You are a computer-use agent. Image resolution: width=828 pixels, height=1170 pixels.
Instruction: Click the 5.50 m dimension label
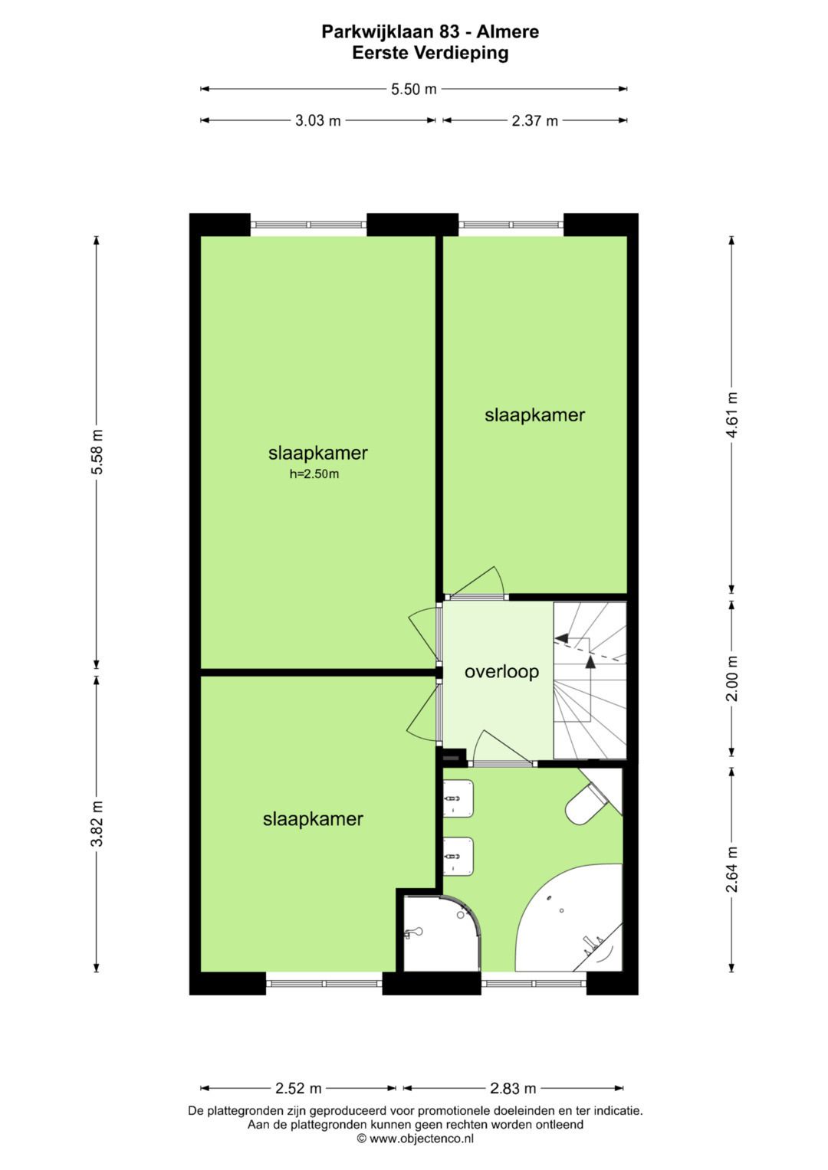coord(413,89)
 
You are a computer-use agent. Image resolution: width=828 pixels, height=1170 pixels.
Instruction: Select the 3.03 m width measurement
coord(317,120)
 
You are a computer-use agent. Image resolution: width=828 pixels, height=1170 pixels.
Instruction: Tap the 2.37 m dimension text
coord(534,120)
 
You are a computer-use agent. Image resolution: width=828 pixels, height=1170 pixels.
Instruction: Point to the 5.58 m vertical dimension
coord(97,452)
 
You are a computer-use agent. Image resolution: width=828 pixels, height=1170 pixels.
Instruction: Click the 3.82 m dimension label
coord(97,824)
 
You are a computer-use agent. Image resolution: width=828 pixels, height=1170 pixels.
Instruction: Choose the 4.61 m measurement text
coord(732,415)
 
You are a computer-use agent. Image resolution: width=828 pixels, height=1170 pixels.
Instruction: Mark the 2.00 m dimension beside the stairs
coord(732,679)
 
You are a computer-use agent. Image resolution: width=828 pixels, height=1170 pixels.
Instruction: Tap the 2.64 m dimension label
coord(732,869)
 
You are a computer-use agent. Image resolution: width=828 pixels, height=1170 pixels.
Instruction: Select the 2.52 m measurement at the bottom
coord(298,1088)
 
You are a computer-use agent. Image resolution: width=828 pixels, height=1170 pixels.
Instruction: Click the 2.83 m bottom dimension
coord(513,1088)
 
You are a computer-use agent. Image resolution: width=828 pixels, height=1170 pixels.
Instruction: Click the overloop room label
coord(501,672)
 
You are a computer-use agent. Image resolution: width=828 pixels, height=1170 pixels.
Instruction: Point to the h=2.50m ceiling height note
coord(314,474)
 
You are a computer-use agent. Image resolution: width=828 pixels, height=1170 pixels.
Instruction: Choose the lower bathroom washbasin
coord(460,856)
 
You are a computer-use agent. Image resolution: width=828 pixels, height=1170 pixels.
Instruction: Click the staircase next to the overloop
coord(590,680)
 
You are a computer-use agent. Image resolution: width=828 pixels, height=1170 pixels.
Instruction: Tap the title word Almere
coord(508,31)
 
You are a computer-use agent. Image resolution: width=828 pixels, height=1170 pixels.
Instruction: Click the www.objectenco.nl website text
coord(421,1139)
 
